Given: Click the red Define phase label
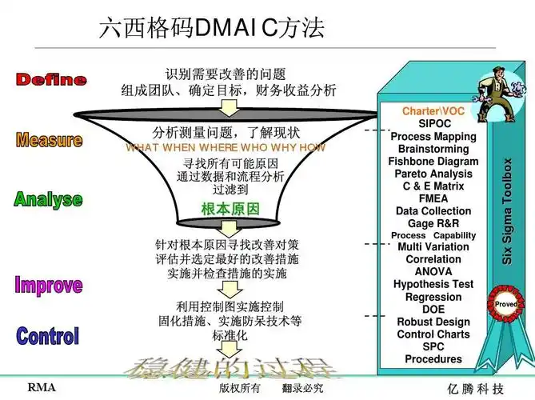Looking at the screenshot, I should click(51, 79).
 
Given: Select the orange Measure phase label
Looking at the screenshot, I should click(49, 141).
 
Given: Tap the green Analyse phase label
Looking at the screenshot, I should click(48, 199).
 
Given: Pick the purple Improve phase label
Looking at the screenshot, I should click(48, 285).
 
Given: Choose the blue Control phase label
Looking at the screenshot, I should click(48, 336).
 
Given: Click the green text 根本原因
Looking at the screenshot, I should click(230, 209).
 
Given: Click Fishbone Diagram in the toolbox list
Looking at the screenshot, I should click(434, 162).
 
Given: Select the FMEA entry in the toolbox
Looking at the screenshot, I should click(434, 198).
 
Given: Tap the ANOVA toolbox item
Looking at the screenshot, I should click(434, 272).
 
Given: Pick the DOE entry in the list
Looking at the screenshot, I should click(434, 310).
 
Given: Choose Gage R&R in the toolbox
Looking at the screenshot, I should click(434, 223).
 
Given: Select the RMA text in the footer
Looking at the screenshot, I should click(42, 388).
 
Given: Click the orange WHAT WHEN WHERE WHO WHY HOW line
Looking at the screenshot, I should click(226, 148).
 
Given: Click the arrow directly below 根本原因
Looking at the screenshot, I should click(230, 228).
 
